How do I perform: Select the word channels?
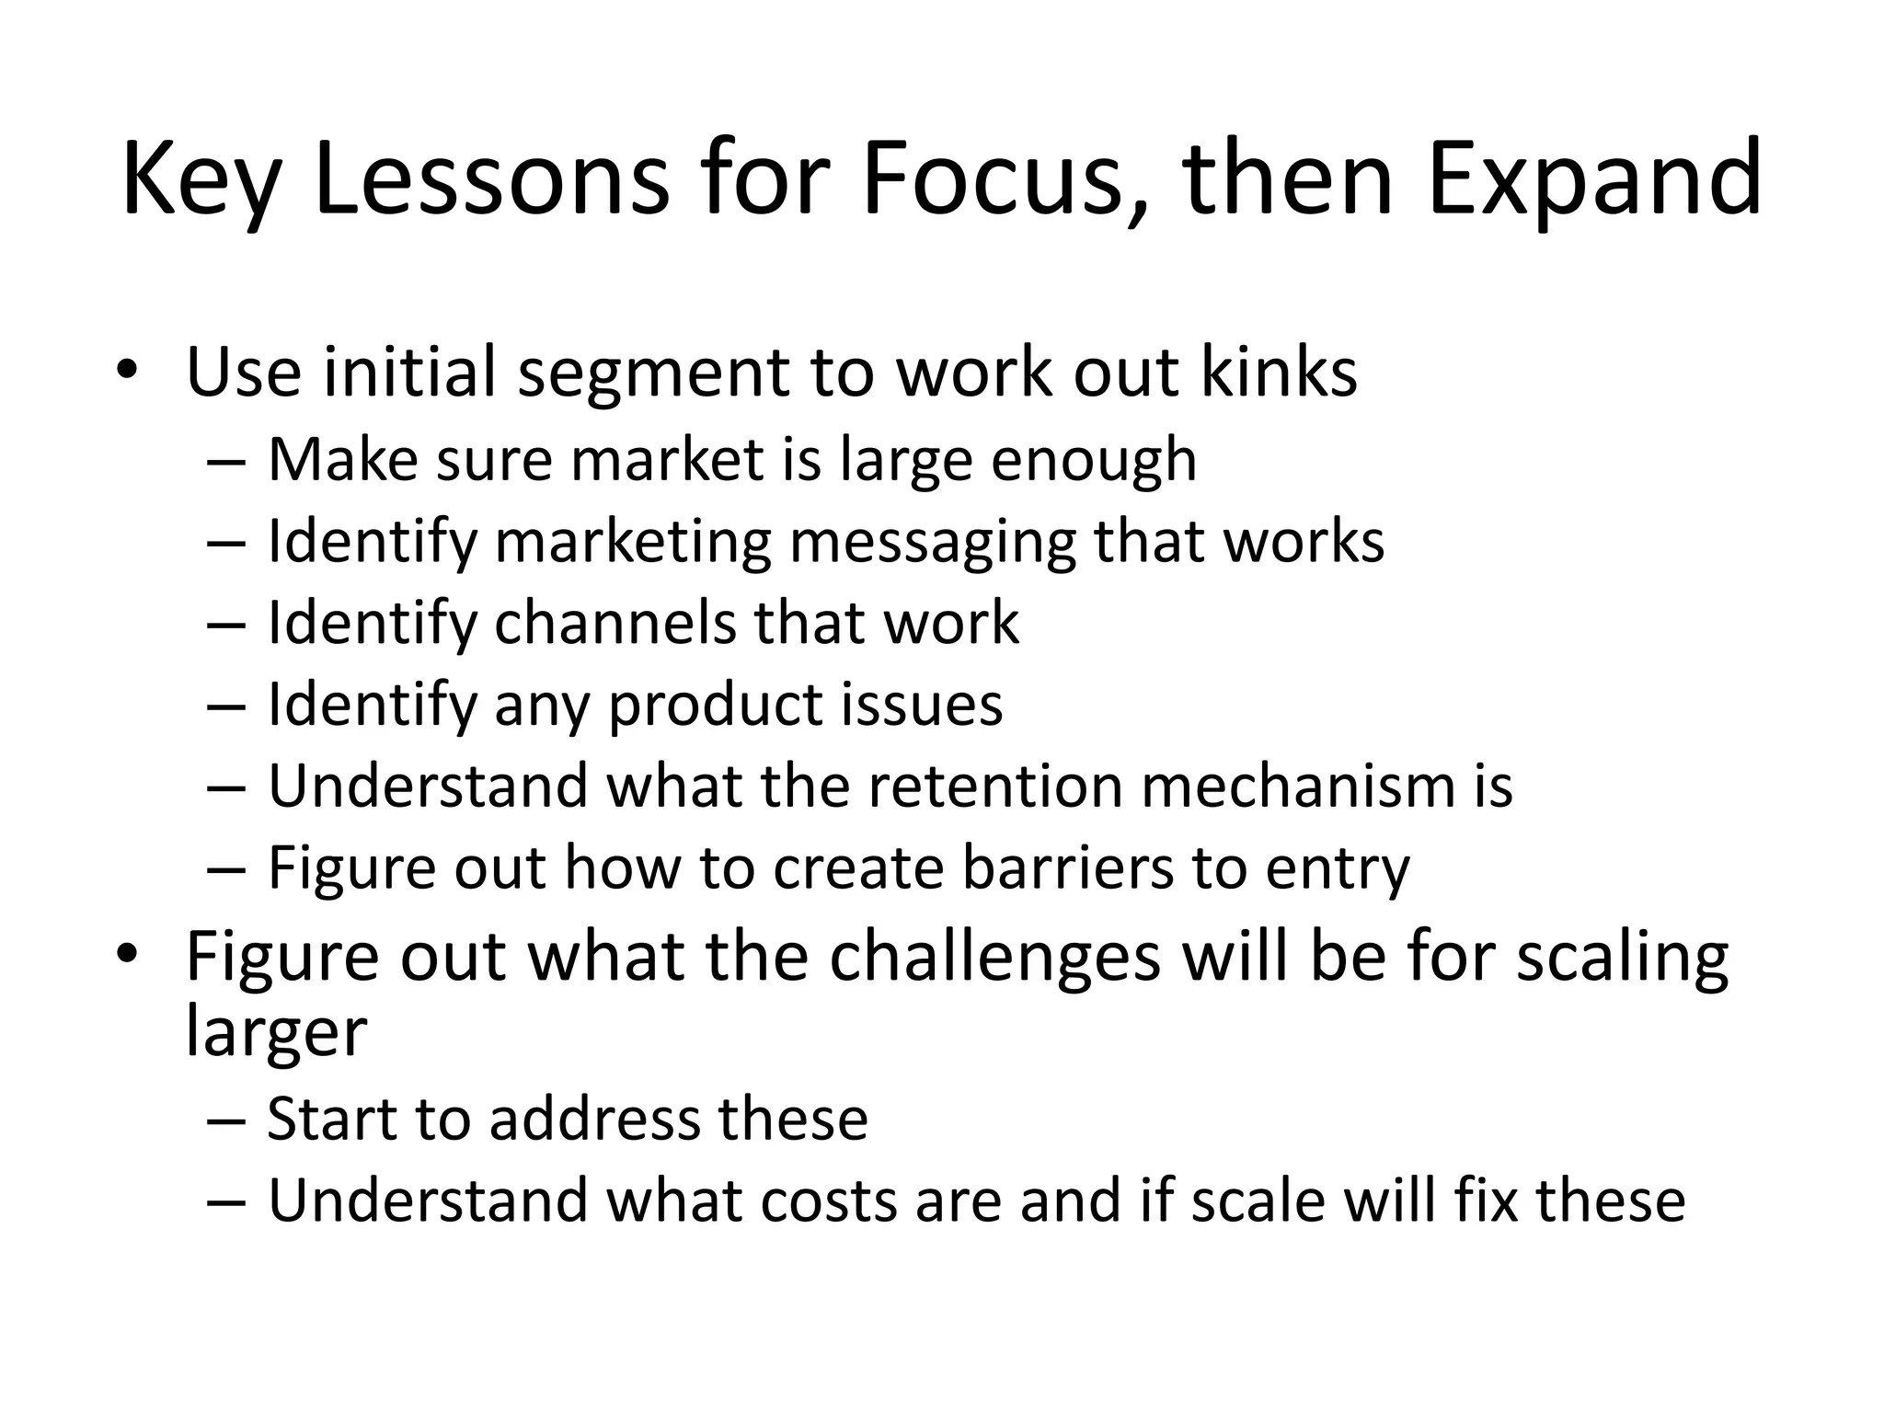coord(615,623)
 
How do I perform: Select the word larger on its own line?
coord(276,1032)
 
